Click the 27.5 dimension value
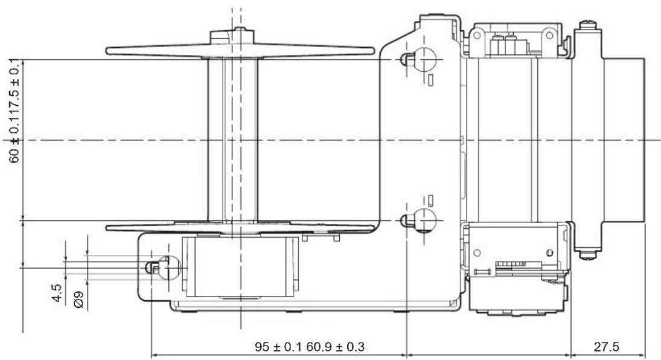click(x=606, y=347)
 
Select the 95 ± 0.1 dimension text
click(x=278, y=347)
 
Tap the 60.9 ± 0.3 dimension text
click(x=336, y=347)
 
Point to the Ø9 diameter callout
click(x=78, y=300)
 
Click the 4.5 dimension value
click(x=57, y=293)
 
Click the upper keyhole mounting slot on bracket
click(x=418, y=60)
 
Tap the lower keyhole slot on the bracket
click(x=418, y=220)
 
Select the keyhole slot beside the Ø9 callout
click(x=163, y=268)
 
